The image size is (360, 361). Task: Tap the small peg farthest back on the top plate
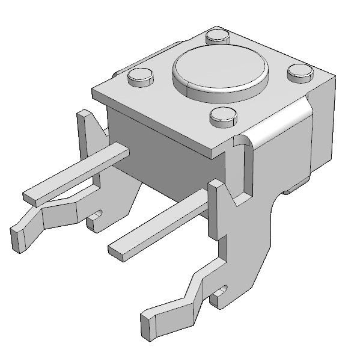(218, 35)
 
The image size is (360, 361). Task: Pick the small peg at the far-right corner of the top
(300, 72)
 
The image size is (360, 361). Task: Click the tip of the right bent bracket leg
(148, 325)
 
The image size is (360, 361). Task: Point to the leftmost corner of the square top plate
(94, 93)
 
